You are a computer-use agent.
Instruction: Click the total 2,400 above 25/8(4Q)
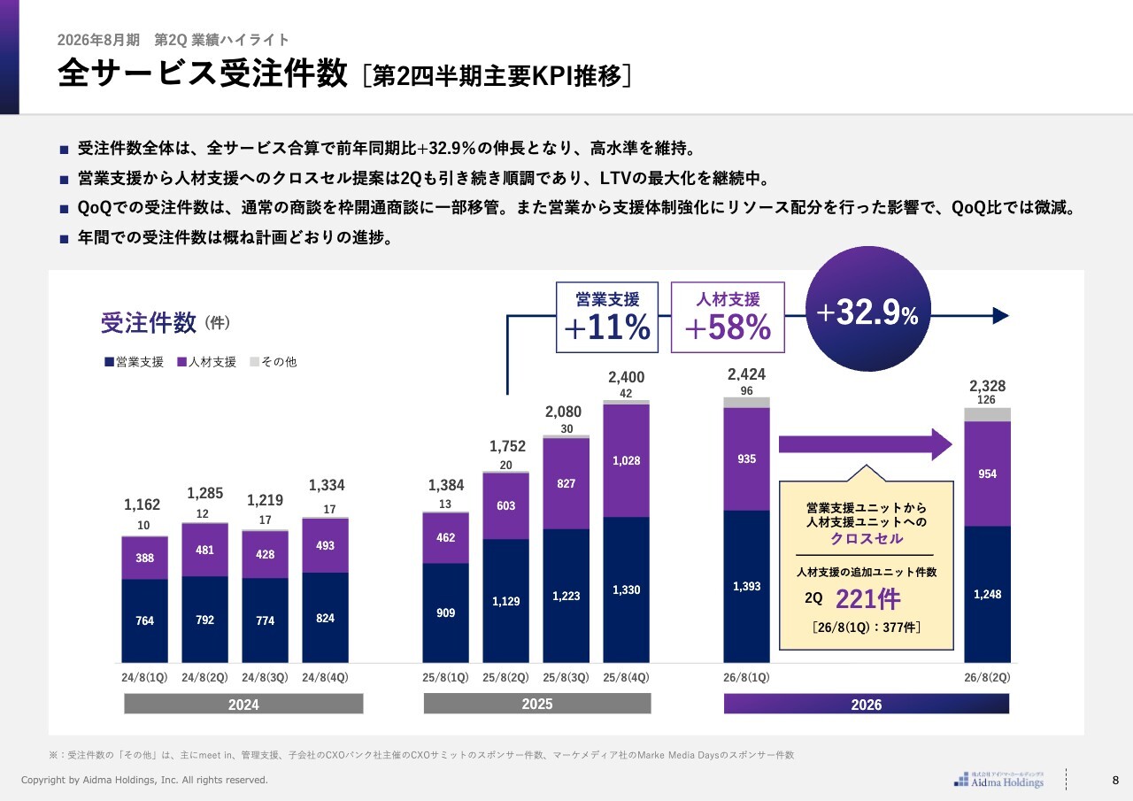click(x=626, y=378)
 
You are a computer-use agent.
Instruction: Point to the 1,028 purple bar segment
click(x=626, y=460)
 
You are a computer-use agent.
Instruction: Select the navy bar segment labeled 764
click(x=145, y=620)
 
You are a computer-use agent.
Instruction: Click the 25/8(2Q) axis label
click(x=505, y=677)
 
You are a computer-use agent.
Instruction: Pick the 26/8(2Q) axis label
click(x=987, y=677)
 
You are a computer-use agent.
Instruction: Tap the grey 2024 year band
click(x=243, y=705)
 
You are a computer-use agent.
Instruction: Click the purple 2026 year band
click(x=866, y=705)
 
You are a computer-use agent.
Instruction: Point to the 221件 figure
click(x=867, y=599)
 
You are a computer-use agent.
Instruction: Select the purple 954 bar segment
click(x=987, y=474)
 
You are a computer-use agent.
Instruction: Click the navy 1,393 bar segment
click(x=746, y=586)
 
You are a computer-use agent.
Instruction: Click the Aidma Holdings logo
click(x=999, y=779)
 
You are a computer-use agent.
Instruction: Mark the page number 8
click(x=1115, y=780)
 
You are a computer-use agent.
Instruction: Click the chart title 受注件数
click(x=149, y=323)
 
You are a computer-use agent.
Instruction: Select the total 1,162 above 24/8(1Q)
click(x=143, y=505)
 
